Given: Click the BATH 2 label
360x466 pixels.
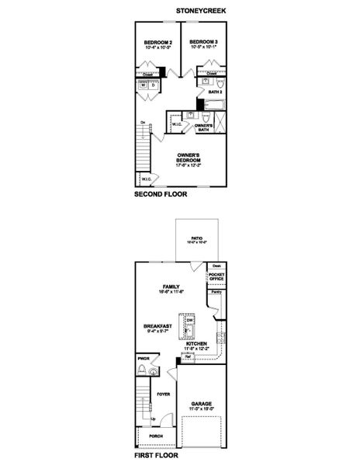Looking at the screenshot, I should [216, 92].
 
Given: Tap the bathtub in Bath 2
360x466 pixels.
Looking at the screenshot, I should [212, 104].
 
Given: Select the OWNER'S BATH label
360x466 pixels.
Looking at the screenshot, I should [204, 127].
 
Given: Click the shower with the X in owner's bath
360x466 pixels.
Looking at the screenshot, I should [220, 124].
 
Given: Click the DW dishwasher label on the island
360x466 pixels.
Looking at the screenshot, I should [189, 319].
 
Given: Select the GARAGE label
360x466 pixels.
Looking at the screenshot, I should [202, 405].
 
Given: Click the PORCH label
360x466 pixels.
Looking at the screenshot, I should [157, 436].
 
